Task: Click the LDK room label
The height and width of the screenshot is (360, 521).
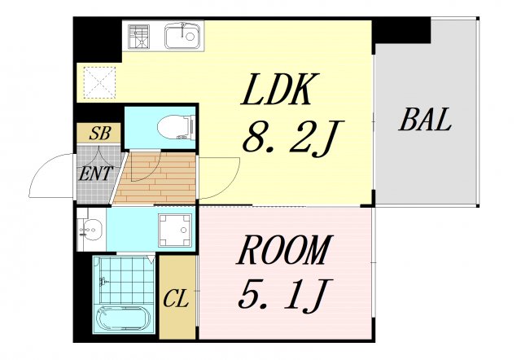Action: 281,89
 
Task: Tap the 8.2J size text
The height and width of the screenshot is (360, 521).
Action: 292,137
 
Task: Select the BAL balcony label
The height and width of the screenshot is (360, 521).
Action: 425,120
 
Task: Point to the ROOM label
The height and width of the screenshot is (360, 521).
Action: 284,250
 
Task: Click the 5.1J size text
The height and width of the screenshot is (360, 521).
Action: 285,295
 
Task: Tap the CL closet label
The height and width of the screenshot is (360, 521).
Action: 176,298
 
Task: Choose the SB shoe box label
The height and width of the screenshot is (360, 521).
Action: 99,134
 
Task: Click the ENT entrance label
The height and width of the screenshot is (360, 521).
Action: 96,173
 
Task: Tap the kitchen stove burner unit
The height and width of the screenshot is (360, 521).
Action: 139,36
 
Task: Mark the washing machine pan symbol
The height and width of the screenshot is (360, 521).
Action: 175,230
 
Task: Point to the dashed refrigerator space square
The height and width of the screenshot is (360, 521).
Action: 99,82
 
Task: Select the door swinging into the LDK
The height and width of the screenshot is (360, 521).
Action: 220,178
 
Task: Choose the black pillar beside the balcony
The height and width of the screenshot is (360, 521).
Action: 401,31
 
